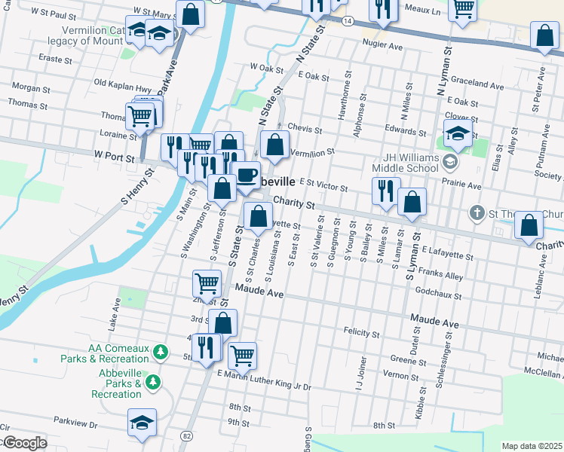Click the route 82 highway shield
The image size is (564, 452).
pos(186,435)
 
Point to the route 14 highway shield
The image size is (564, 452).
pos(346,23)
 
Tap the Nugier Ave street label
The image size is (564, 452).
pos(385,47)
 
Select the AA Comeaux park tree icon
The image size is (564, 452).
pos(159,352)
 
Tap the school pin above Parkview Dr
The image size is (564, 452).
pos(142,423)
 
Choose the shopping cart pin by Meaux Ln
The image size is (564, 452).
pos(462,9)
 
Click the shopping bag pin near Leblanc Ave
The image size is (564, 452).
pos(530,226)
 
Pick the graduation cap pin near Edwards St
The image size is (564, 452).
pos(458,134)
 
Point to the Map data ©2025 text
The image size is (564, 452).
pos(531,446)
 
